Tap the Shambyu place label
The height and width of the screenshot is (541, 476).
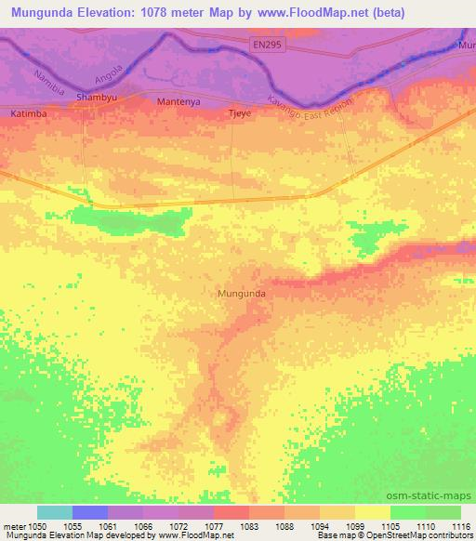click(98, 97)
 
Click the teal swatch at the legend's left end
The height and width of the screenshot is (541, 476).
click(55, 512)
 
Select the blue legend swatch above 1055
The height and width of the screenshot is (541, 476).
click(90, 512)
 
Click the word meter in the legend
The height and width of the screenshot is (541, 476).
click(13, 526)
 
